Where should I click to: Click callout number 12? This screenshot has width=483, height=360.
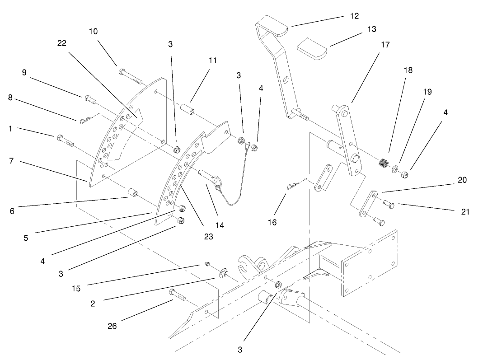(354, 16)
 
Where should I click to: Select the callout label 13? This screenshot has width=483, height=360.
(371, 29)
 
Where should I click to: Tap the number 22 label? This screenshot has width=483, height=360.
(62, 43)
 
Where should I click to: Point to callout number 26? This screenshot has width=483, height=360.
(112, 326)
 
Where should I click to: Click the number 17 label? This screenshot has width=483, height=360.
(385, 45)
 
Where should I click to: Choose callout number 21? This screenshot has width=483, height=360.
(465, 211)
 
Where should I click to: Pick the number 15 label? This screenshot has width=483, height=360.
(76, 289)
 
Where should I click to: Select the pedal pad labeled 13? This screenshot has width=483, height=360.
(312, 48)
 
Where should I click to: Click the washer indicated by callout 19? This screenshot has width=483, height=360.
(395, 168)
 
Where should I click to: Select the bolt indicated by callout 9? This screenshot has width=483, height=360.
(90, 99)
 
